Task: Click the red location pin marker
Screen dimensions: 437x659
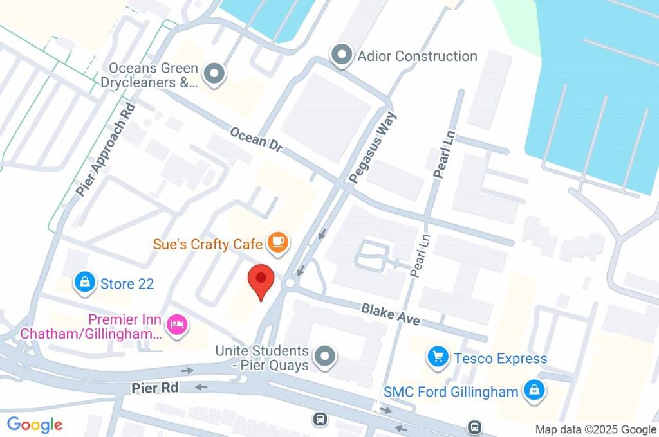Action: (x=261, y=280)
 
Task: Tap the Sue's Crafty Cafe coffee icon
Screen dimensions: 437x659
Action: (x=278, y=242)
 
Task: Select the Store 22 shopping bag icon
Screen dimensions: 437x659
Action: (x=84, y=283)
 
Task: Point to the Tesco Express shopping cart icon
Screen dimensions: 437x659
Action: (x=438, y=357)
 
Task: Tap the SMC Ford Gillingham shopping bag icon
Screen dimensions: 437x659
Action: (x=534, y=391)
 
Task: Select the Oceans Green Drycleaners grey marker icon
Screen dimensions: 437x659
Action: (x=214, y=75)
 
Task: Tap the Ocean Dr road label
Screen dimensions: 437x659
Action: (x=256, y=139)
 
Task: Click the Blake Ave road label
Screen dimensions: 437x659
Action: (x=391, y=314)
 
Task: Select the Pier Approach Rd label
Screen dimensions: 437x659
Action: (x=106, y=150)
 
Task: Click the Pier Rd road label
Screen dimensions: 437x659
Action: (x=154, y=388)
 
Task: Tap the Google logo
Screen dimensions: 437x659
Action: (x=35, y=424)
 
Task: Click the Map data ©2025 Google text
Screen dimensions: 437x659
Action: (x=596, y=429)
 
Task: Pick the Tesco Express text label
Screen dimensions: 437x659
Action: (x=500, y=358)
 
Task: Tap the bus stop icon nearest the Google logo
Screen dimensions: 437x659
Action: (x=320, y=420)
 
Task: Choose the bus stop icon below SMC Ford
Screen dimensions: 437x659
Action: (x=474, y=426)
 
